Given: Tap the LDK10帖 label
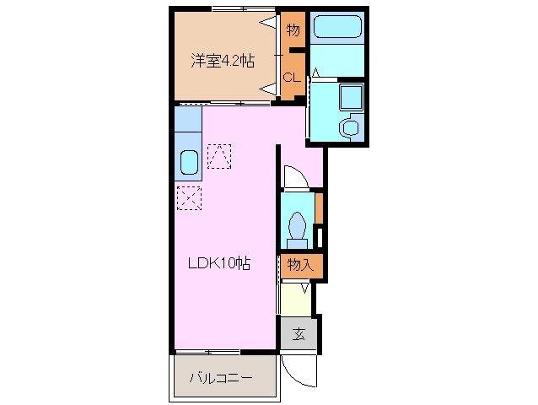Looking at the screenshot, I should [218, 263].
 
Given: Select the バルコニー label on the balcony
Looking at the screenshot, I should [221, 378].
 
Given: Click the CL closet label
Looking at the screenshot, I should [291, 78].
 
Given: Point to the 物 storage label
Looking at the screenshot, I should [293, 31].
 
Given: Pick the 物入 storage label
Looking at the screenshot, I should [300, 265].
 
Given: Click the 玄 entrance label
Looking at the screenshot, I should [299, 334].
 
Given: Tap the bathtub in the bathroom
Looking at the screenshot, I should [337, 31].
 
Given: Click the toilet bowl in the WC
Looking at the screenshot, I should [297, 226].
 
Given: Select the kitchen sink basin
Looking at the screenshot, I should [189, 161].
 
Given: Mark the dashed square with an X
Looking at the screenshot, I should [190, 198].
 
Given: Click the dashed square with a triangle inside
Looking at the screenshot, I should [219, 155].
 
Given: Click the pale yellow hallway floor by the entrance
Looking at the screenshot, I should [297, 299].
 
